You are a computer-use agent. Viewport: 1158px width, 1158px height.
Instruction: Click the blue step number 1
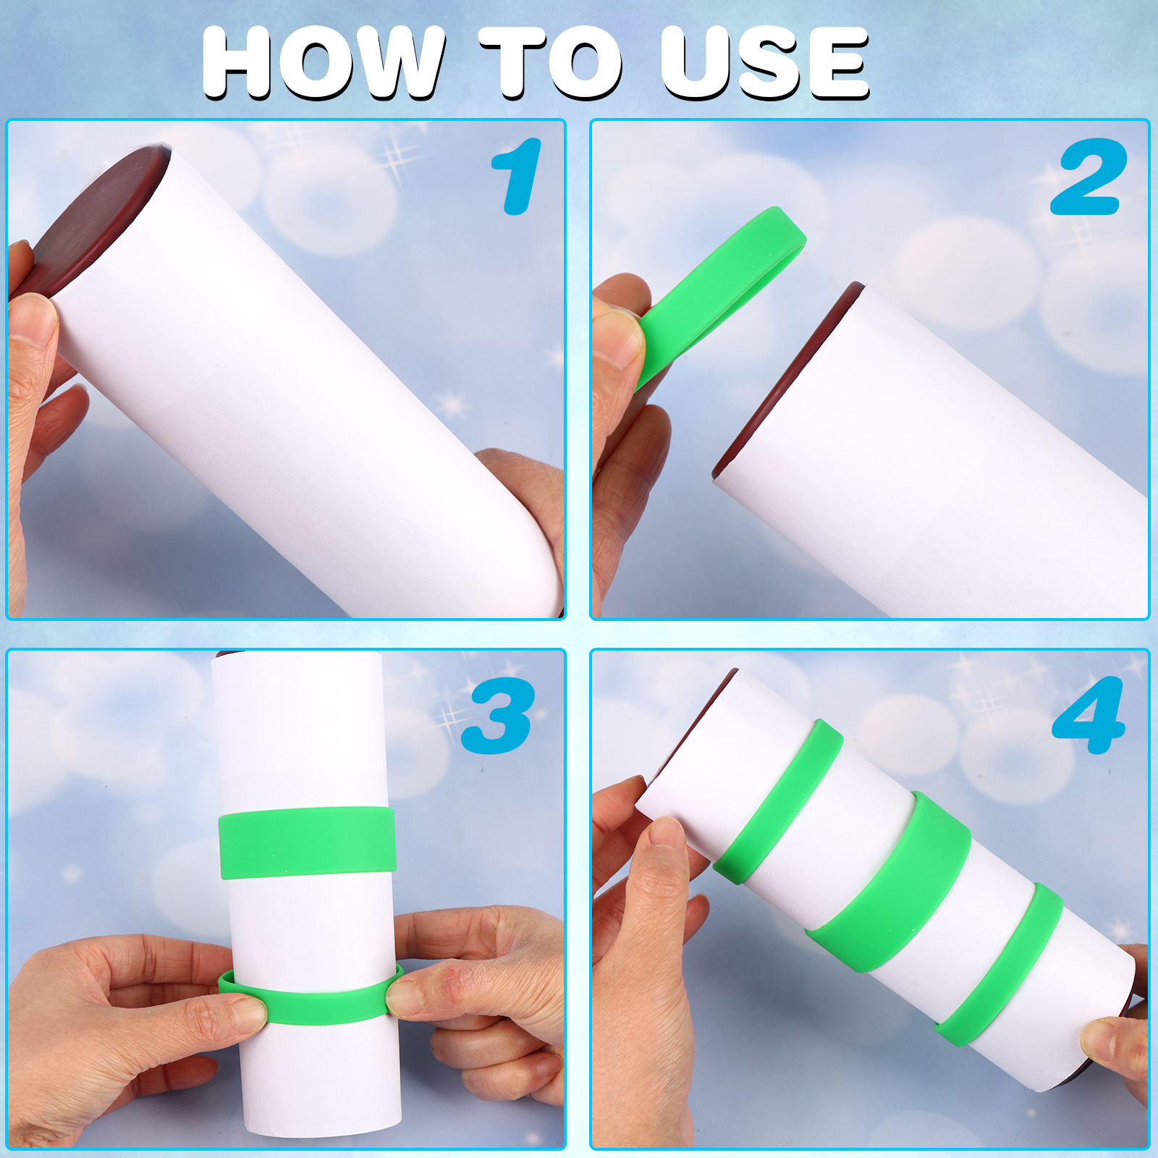pyautogui.click(x=517, y=177)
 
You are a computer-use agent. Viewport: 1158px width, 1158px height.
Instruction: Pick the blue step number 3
pyautogui.click(x=499, y=715)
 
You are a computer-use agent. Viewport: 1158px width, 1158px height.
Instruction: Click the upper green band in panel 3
pyautogui.click(x=307, y=842)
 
